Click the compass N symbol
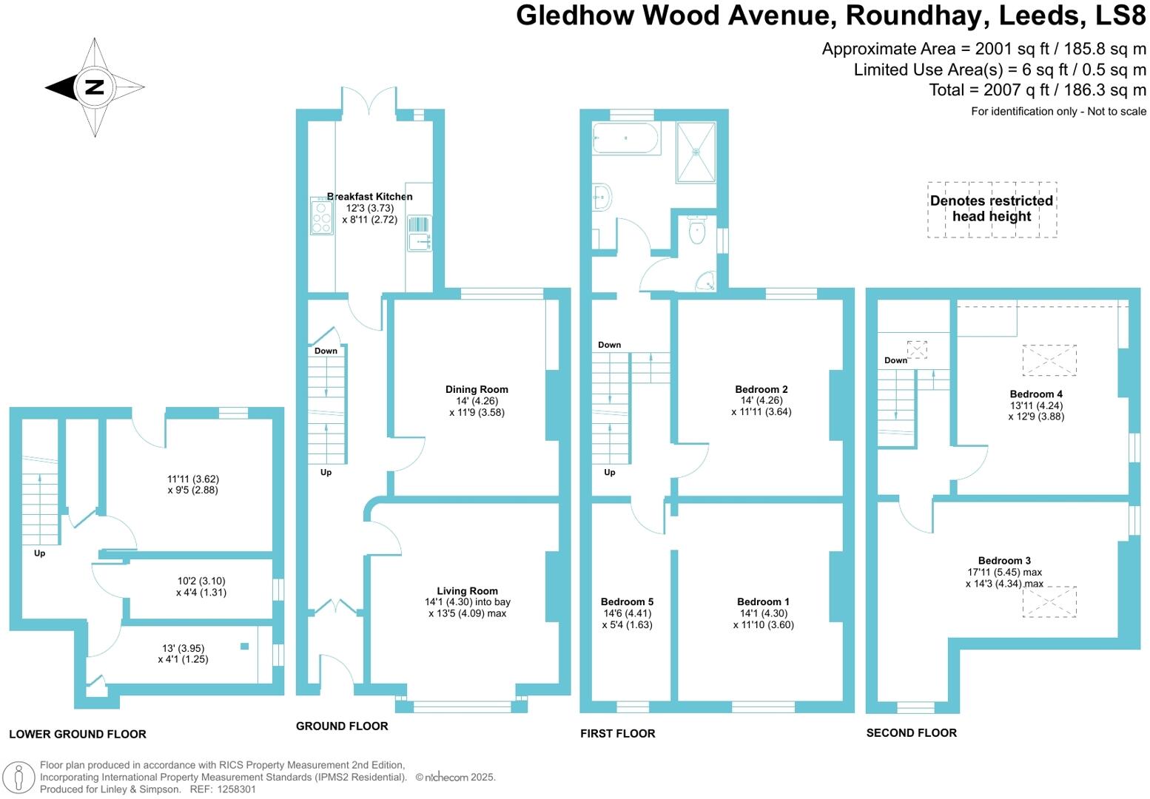94,87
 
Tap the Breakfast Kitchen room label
369,197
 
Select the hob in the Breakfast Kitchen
322,218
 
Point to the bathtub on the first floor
626,138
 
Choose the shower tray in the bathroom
696,152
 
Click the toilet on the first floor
696,232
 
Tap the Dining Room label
477,389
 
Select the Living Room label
467,590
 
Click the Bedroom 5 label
627,601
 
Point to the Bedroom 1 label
763,601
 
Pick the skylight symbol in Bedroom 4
1049,360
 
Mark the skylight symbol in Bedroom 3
1049,601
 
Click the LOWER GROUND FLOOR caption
78,734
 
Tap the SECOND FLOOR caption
911,732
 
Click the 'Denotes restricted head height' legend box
992,209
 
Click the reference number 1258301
233,789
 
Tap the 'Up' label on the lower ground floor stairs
39,553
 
